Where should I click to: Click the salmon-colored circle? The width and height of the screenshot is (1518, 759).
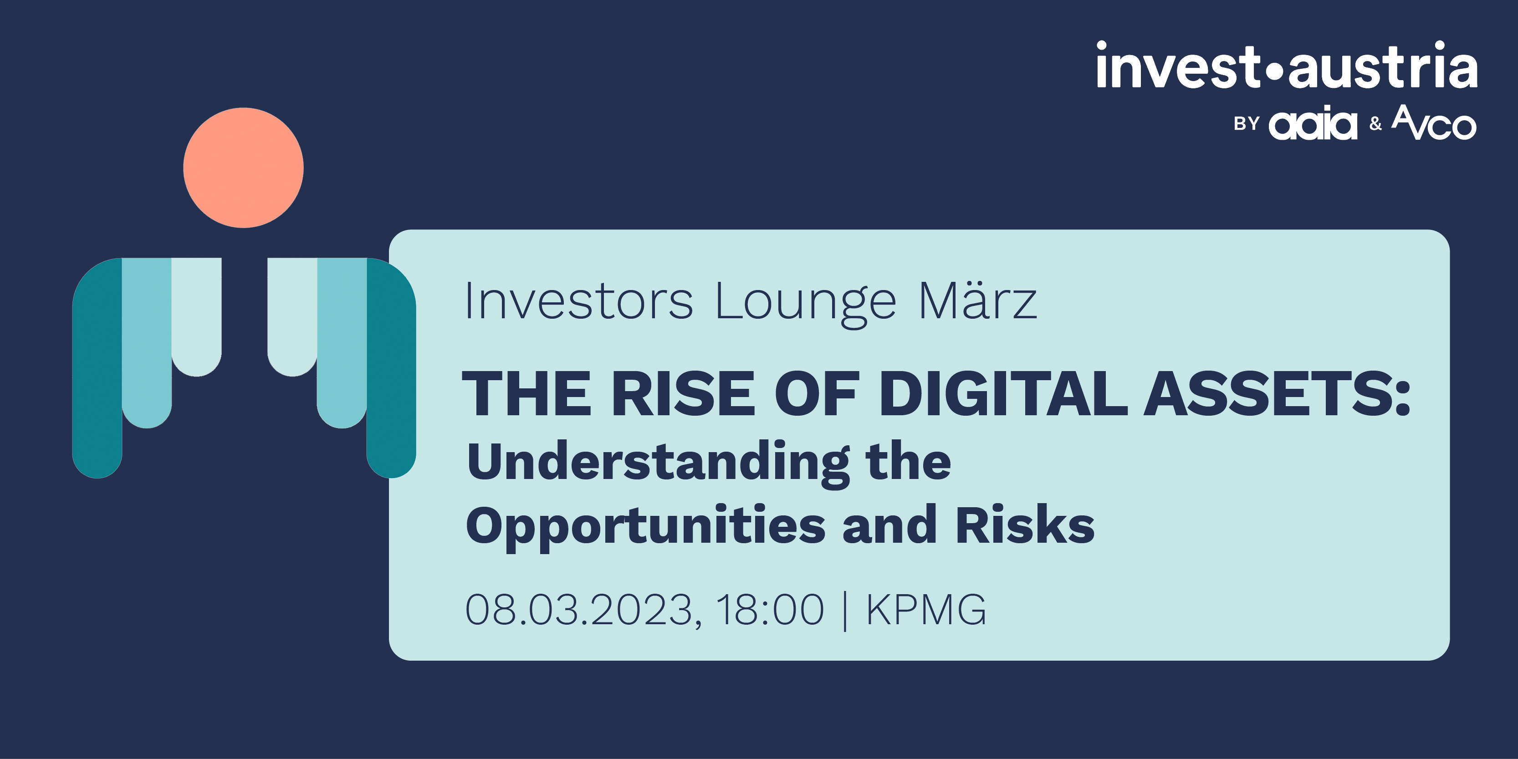(243, 168)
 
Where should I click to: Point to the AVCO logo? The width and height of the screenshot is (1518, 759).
(1434, 122)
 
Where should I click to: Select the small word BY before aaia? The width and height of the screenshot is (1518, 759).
(1247, 124)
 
